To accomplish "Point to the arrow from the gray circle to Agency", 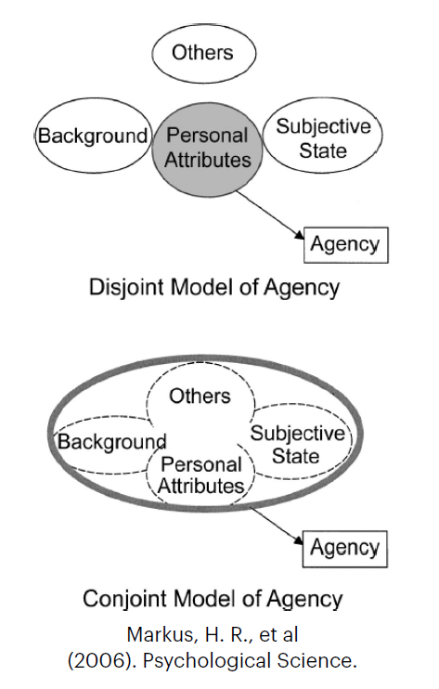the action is pos(270,214).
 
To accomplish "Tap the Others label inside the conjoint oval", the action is pos(200,396).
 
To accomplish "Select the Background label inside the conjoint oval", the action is pos(112,442).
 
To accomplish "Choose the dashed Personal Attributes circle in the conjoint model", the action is pos(200,504).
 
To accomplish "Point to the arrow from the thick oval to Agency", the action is pos(277,526).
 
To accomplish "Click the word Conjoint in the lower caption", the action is pos(126,599).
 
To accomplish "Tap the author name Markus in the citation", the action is pos(161,635).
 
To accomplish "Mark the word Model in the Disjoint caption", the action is pos(202,287).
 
